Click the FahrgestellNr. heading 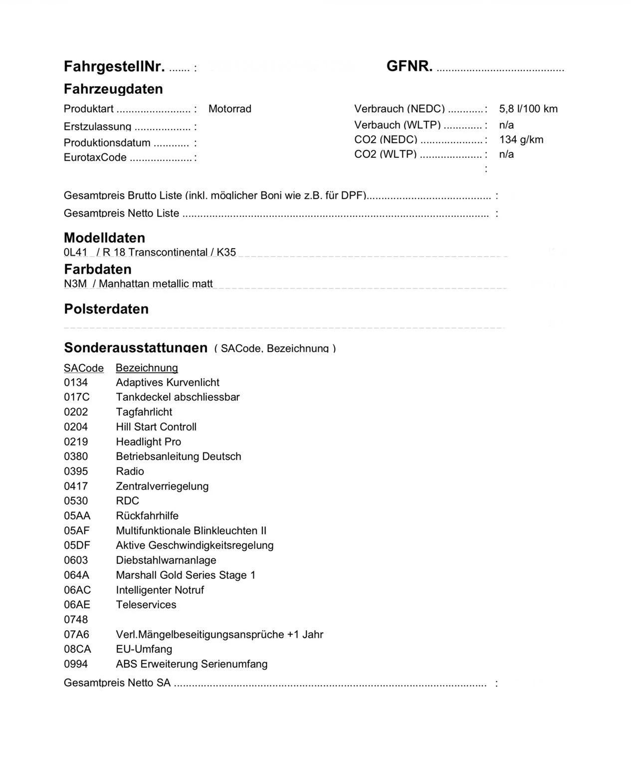115,66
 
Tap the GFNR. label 409,65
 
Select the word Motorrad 229,109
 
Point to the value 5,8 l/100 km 528,109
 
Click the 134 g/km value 521,139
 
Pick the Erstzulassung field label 97,127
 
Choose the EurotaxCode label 95,157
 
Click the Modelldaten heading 104,238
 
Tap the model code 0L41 75,252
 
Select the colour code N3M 75,284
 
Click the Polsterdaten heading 106,309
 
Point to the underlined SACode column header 83,368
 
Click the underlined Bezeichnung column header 147,368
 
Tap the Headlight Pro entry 148,441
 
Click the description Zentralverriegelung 162,486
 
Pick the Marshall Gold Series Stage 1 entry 186,575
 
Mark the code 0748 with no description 75,619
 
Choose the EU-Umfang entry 144,649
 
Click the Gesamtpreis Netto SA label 117,683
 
